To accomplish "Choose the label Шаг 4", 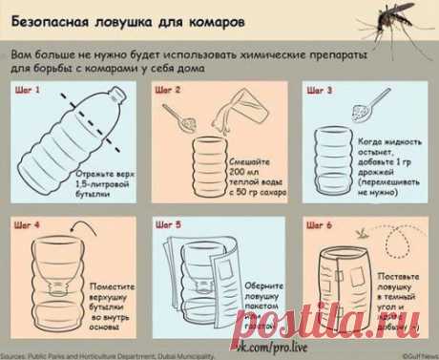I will [29, 226].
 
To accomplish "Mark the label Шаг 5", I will [168, 226].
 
